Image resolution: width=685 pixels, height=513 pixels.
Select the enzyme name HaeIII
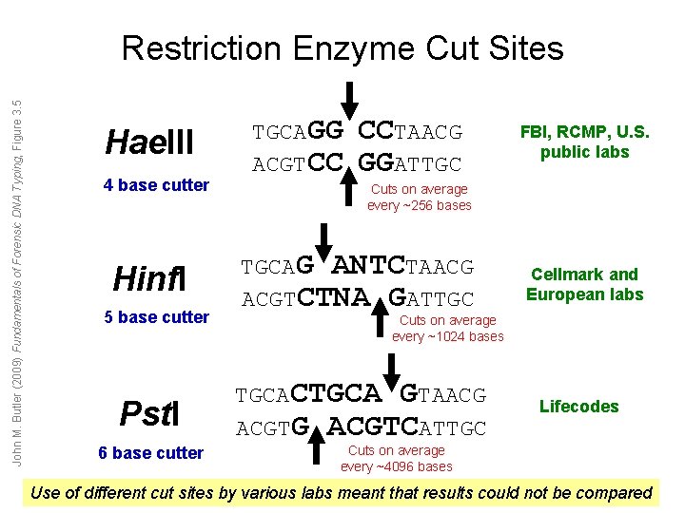point(149,143)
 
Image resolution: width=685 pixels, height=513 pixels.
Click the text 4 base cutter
point(156,185)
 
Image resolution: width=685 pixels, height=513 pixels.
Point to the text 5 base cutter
point(156,317)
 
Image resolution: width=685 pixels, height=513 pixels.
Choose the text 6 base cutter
point(150,453)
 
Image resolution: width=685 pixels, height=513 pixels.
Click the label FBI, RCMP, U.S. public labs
point(585,142)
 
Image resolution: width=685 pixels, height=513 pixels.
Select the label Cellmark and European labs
point(585,284)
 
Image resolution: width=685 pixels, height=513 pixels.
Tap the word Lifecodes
point(578,407)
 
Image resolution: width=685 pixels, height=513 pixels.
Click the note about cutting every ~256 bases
point(419,198)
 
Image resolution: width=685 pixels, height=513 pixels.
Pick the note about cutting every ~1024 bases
point(447,329)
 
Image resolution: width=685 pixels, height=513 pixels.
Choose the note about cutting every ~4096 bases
point(396,458)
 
